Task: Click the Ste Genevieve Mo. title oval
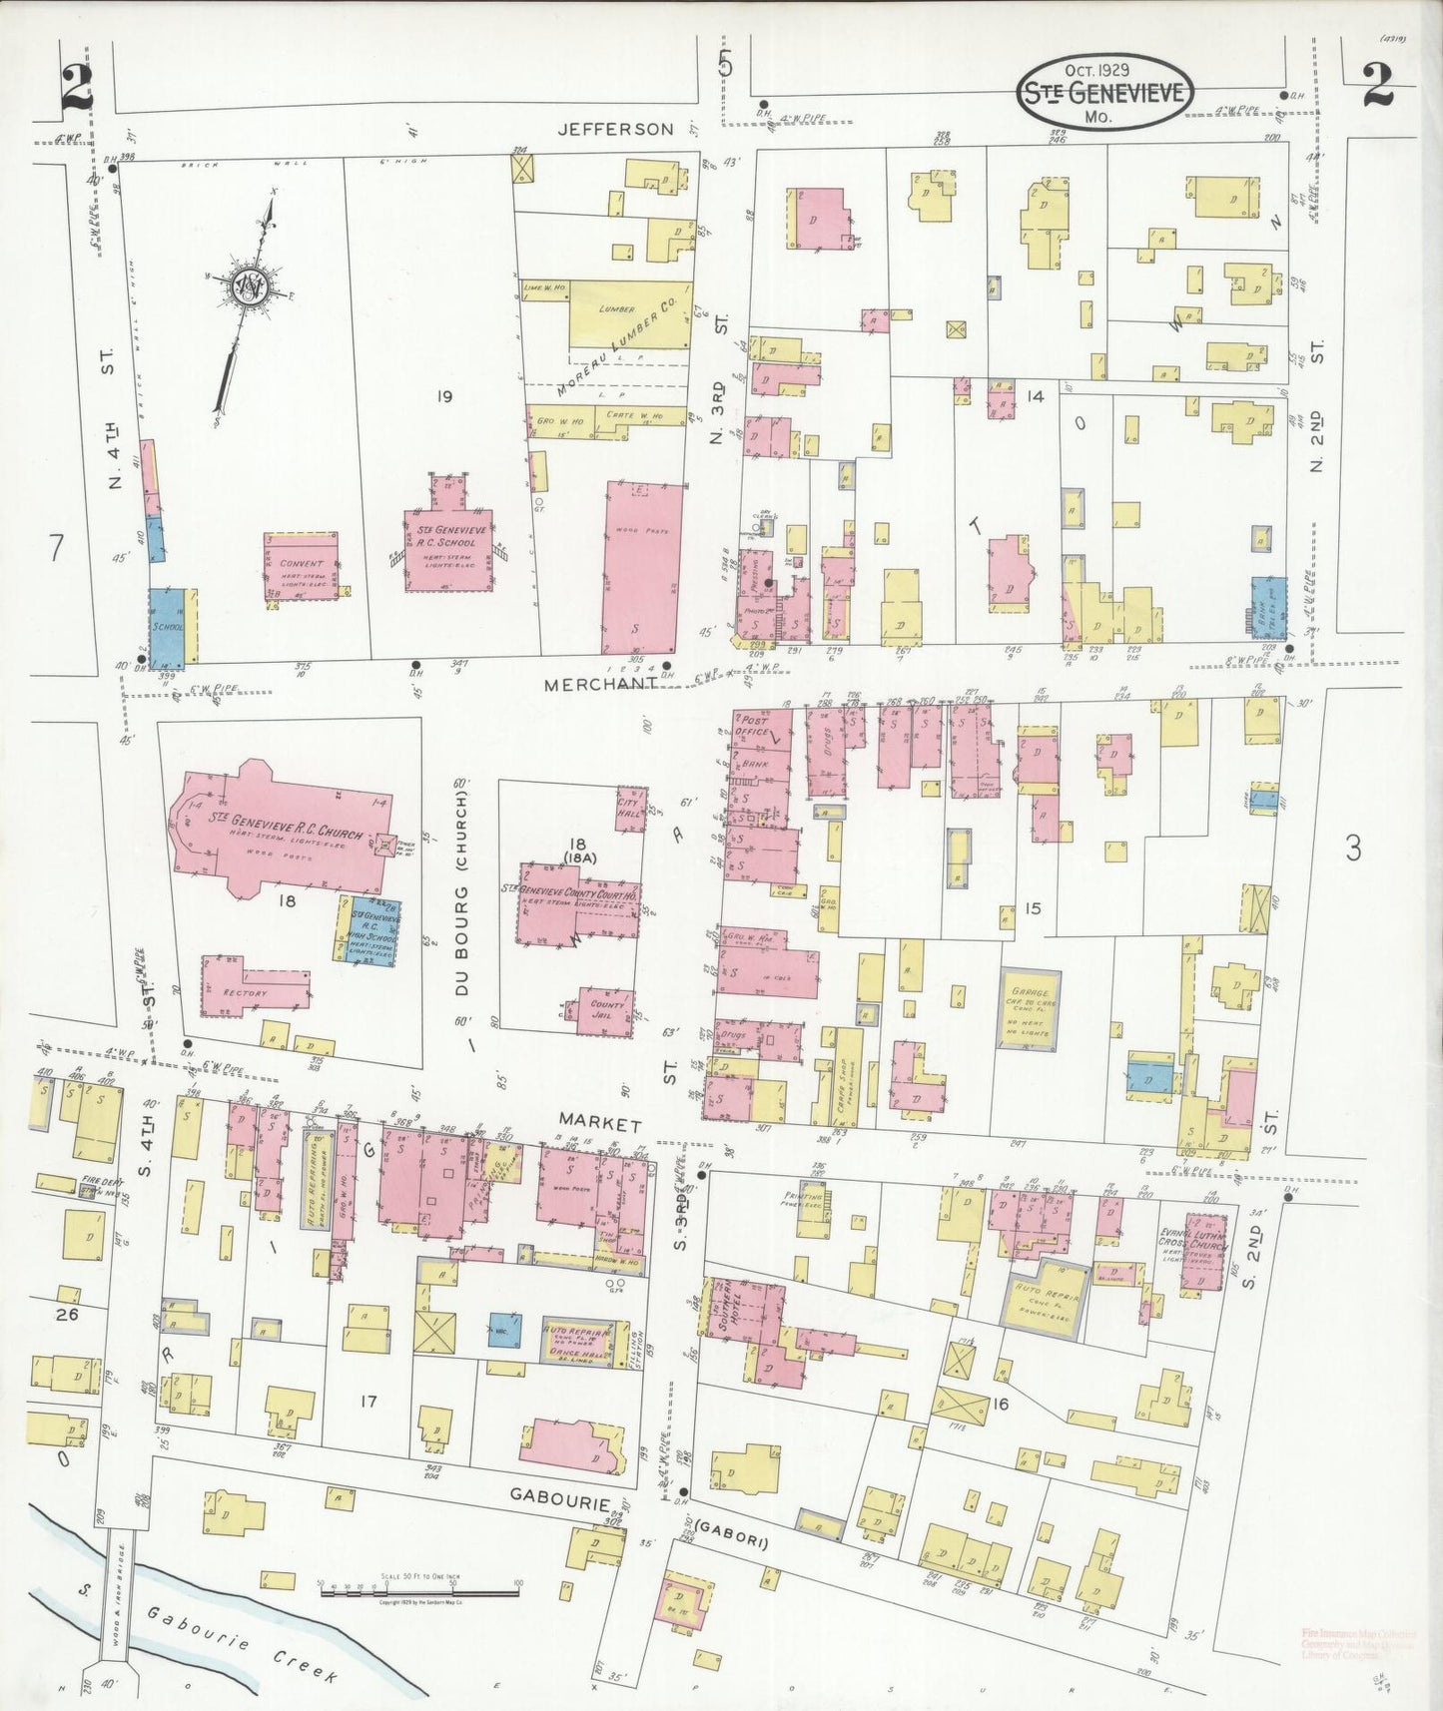pyautogui.click(x=1105, y=92)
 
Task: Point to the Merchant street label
pyautogui.click(x=600, y=684)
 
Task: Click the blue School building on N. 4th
pyautogui.click(x=168, y=628)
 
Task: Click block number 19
pyautogui.click(x=443, y=396)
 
